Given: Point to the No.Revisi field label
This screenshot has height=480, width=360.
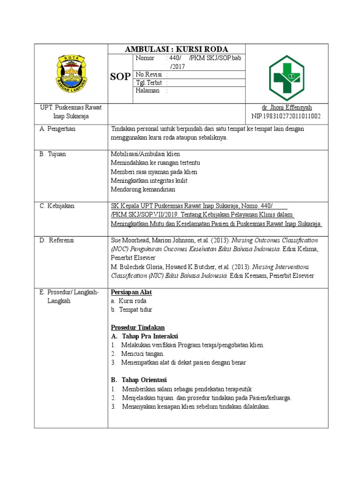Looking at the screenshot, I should point(146,75).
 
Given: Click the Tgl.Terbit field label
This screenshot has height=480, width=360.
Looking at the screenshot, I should point(147,82).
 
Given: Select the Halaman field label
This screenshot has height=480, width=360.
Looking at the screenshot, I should point(147,90).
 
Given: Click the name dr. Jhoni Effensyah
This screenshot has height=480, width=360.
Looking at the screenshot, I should point(286,108).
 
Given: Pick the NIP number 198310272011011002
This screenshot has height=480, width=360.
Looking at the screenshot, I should point(286,116).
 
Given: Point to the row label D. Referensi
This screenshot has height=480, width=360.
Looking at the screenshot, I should point(57,240).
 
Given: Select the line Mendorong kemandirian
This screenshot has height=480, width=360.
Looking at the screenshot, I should point(142,189).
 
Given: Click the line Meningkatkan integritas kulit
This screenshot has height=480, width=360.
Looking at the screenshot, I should point(149,180).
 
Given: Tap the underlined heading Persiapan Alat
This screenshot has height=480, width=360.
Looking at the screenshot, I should point(131,292).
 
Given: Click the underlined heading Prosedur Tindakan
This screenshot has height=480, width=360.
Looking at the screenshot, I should point(137,327).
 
